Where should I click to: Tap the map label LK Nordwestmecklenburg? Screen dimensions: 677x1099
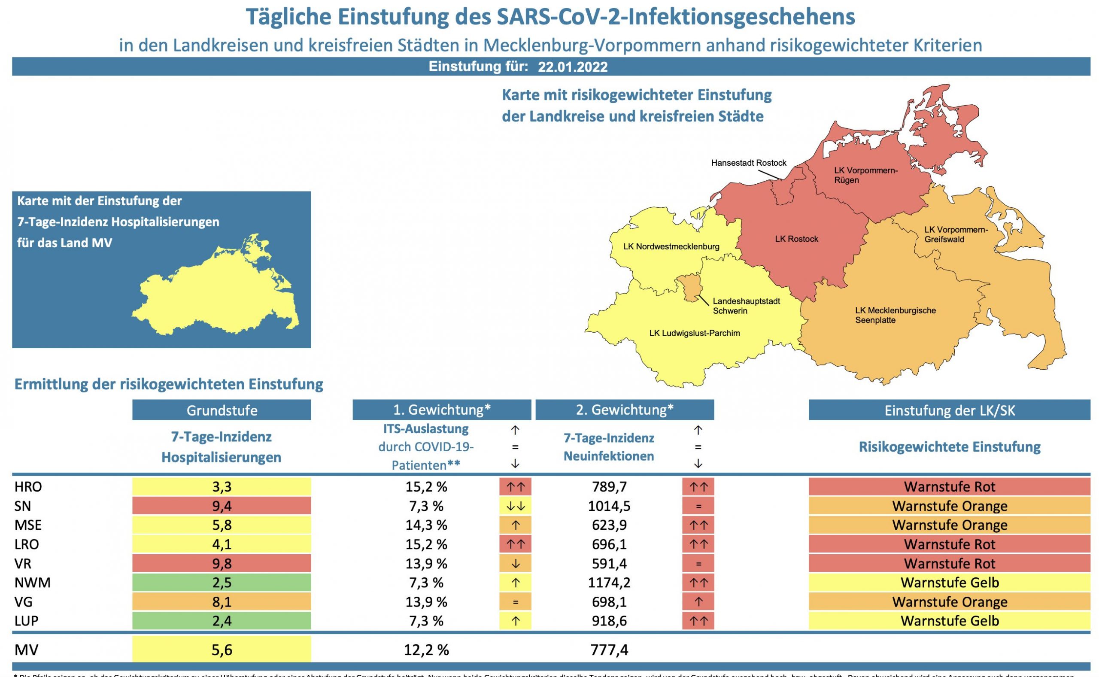pyautogui.click(x=671, y=246)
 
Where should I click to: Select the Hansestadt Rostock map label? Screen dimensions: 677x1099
pyautogui.click(x=749, y=163)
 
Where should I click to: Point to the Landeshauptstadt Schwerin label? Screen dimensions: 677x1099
pyautogui.click(x=746, y=306)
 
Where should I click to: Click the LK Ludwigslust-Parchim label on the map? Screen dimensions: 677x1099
pyautogui.click(x=694, y=333)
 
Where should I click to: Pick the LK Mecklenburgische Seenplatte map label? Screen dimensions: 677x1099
pyautogui.click(x=895, y=315)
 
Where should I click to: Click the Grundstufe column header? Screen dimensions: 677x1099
pyautogui.click(x=222, y=410)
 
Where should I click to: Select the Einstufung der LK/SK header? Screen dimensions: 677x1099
pyautogui.click(x=949, y=410)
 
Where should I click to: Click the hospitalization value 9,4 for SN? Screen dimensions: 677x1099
pyautogui.click(x=222, y=506)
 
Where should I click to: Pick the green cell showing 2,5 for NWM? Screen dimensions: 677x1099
pyautogui.click(x=222, y=583)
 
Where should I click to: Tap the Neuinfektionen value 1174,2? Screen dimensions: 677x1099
pyautogui.click(x=609, y=583)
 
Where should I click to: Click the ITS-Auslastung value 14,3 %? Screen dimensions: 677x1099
pyautogui.click(x=426, y=525)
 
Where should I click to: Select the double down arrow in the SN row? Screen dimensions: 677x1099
pyautogui.click(x=515, y=506)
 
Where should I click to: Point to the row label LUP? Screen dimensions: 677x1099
pyautogui.click(x=27, y=621)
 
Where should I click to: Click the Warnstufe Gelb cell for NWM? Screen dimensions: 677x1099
pyautogui.click(x=949, y=583)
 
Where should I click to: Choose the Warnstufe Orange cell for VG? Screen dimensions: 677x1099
pyautogui.click(x=949, y=602)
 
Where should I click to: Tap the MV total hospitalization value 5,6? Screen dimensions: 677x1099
pyautogui.click(x=222, y=650)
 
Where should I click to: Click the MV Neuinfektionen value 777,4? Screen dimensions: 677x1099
pyautogui.click(x=609, y=650)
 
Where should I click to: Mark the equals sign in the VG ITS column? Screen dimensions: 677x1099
pyautogui.click(x=515, y=602)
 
